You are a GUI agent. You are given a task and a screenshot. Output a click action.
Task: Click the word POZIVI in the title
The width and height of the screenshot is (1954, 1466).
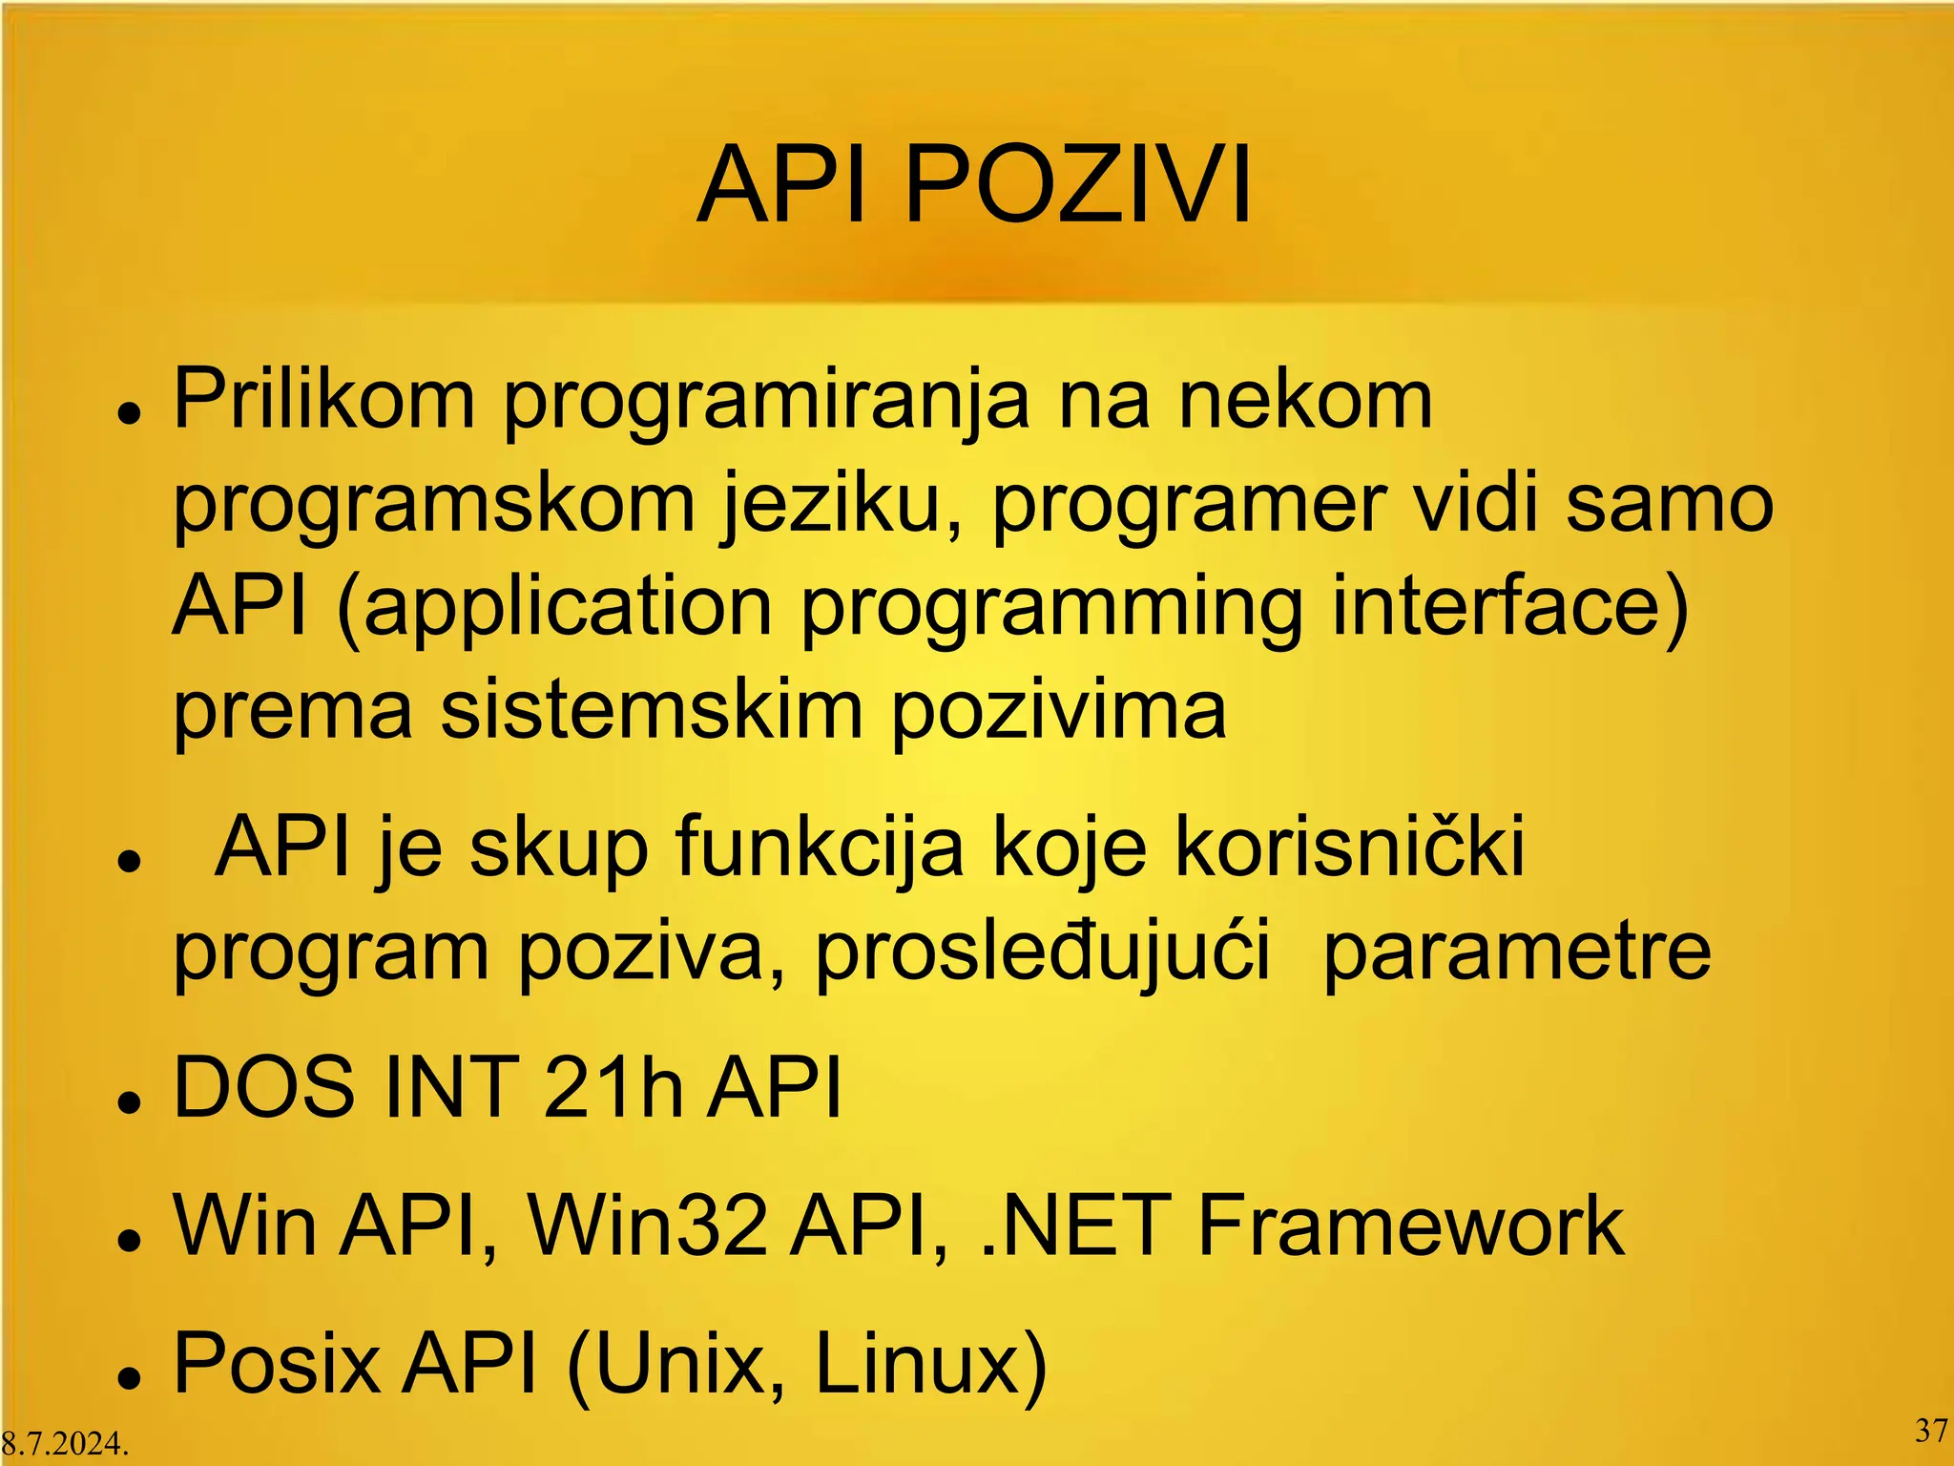pos(1077,185)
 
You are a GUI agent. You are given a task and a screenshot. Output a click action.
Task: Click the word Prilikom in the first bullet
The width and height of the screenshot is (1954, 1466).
pos(324,399)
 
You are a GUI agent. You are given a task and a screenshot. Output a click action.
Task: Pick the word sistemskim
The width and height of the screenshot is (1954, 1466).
pos(652,711)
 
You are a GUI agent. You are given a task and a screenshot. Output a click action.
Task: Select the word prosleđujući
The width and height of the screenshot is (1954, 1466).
pos(1042,953)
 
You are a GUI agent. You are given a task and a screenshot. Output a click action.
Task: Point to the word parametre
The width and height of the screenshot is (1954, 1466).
pos(1517,953)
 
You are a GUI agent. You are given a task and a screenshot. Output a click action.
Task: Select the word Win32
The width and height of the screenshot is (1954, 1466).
pos(648,1225)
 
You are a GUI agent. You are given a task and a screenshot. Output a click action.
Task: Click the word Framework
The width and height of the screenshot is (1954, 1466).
pos(1410,1225)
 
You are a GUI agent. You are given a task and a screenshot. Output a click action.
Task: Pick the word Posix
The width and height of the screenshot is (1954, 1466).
pos(277,1364)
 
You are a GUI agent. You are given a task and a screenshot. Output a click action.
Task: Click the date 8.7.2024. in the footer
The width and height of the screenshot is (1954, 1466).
pos(65,1443)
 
